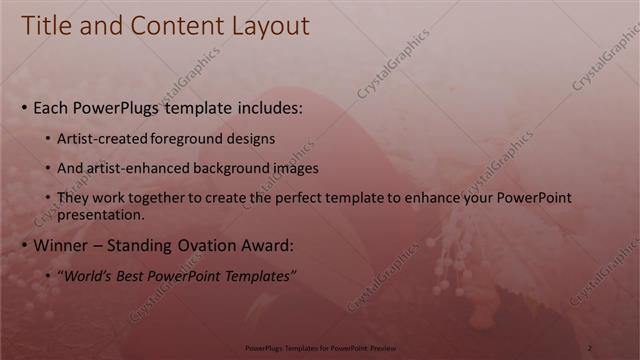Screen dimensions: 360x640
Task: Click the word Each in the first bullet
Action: pyautogui.click(x=51, y=107)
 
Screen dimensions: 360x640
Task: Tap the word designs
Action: pyautogui.click(x=253, y=139)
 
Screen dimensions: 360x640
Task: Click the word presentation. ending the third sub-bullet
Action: pyautogui.click(x=101, y=214)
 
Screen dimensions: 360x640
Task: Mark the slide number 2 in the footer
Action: pyautogui.click(x=589, y=347)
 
